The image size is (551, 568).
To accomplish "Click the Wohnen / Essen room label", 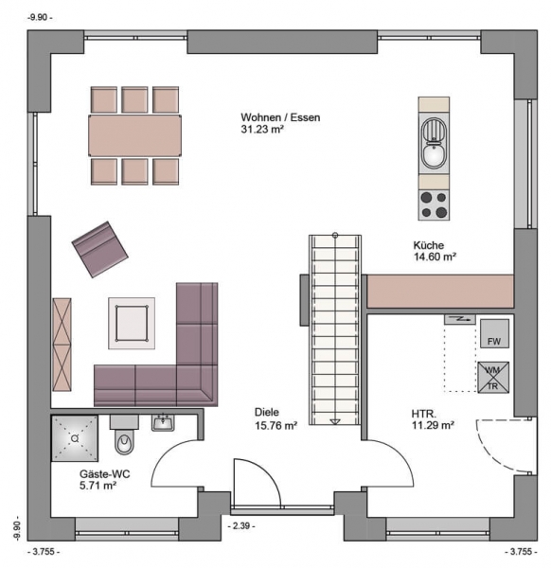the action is click(280, 117).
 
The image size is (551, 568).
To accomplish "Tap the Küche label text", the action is click(429, 245).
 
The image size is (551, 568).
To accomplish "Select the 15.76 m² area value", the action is click(276, 425).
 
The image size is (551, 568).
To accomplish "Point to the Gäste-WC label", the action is click(105, 474).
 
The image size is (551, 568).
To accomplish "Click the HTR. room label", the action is click(424, 414).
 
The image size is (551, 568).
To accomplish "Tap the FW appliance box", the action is click(494, 333).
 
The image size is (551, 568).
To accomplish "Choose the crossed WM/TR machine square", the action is click(493, 378).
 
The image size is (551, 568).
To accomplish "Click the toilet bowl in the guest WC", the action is click(125, 442).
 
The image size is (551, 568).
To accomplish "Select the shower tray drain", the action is click(75, 438).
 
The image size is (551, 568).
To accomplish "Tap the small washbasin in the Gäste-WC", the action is click(163, 423).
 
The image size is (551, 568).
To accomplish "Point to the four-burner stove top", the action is click(434, 204).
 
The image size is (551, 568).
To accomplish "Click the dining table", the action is click(134, 135).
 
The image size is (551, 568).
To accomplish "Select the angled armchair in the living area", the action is click(100, 249).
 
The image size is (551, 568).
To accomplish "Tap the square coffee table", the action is click(132, 323).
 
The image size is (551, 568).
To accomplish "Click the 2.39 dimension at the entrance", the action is click(241, 525).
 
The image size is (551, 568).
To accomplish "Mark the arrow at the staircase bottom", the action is click(335, 421).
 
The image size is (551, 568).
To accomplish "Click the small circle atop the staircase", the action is click(335, 235).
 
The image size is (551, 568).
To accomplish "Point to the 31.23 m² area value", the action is click(262, 129).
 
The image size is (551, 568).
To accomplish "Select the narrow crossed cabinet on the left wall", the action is click(62, 345).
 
